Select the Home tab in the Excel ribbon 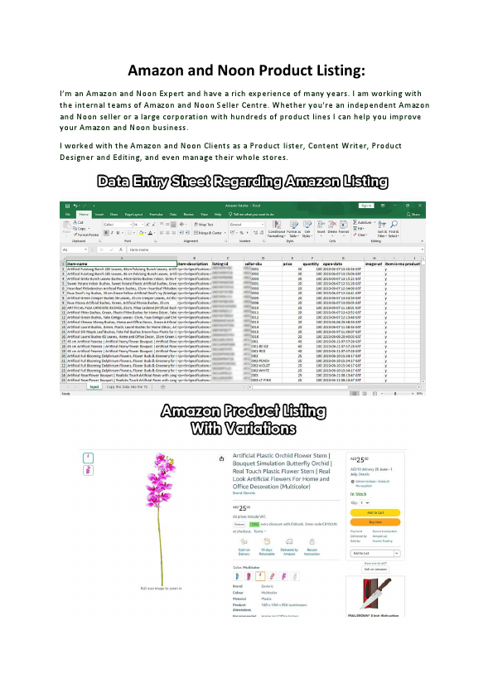83,214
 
